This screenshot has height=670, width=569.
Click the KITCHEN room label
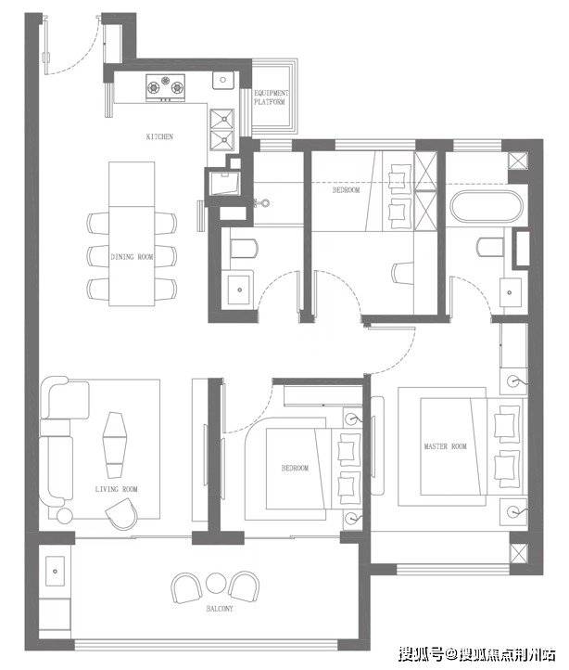coord(159,136)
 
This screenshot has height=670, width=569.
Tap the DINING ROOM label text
coord(132,257)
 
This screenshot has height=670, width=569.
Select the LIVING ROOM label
coord(116,489)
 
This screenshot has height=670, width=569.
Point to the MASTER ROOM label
coord(445,446)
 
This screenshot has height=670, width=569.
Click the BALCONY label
coord(220,609)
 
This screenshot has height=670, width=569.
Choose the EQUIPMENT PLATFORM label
coord(271,97)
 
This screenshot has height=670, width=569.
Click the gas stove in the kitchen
coord(166,87)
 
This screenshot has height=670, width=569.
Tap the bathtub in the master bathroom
coord(487,207)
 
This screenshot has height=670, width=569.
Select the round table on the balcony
coord(216,584)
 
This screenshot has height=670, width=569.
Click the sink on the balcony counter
coord(55,572)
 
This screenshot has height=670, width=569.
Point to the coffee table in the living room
coord(114,445)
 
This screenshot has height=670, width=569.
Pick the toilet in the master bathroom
coord(492,247)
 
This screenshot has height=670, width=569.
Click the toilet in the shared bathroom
coord(244,249)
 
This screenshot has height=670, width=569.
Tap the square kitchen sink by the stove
coord(222,80)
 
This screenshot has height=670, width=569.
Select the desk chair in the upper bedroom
coord(402,274)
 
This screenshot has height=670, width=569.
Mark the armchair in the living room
coord(122,514)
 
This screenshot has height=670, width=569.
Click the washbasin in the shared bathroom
coord(239,290)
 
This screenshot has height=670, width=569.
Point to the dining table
coord(132,234)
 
